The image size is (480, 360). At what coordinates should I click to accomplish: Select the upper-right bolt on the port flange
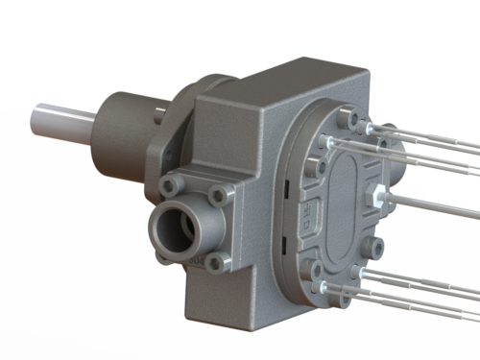click(220, 197)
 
